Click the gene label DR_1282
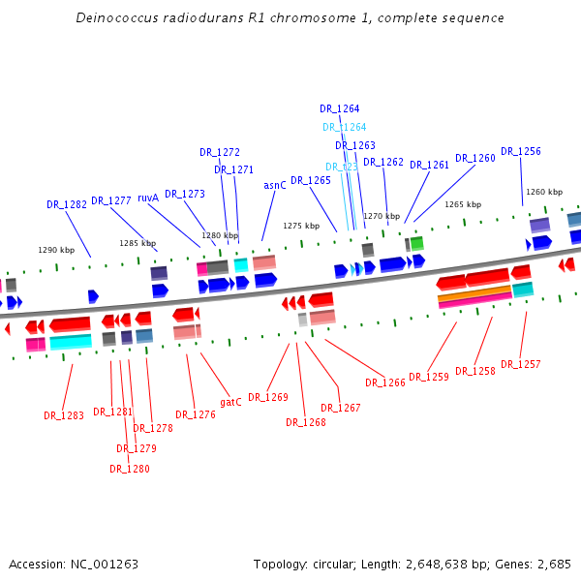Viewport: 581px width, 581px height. click(x=67, y=204)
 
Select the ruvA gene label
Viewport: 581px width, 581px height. click(x=148, y=198)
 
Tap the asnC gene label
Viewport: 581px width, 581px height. click(x=275, y=185)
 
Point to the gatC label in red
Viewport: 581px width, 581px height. click(x=230, y=402)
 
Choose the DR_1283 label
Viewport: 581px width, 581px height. click(x=63, y=415)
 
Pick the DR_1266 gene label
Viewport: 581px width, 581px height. click(x=384, y=382)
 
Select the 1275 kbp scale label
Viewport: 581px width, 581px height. click(x=301, y=226)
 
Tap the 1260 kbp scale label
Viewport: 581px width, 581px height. click(x=543, y=192)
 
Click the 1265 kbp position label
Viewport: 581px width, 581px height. click(x=463, y=205)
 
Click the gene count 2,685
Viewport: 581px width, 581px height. click(x=553, y=564)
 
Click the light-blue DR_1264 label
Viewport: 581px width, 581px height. click(x=344, y=127)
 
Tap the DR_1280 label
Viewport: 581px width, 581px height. click(x=129, y=469)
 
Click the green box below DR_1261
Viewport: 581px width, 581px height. click(x=416, y=243)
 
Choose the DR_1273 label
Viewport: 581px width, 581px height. click(x=185, y=194)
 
